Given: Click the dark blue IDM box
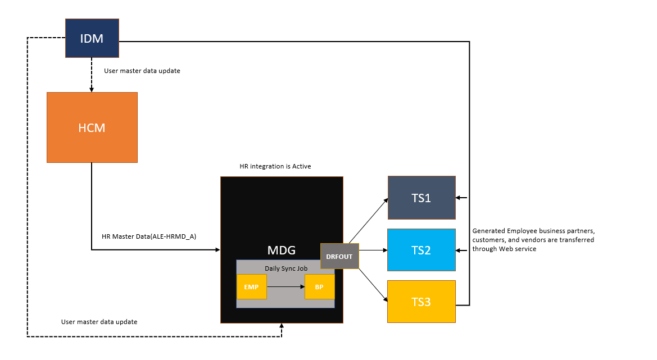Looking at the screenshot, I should point(92,38).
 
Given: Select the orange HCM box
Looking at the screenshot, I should point(92,127).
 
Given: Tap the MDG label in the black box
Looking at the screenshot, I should point(281,250).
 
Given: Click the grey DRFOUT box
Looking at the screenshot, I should point(339,256).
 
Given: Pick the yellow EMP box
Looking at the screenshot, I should point(251,286).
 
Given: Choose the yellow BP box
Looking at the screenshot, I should point(319,286).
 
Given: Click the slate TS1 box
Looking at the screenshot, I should point(422,198).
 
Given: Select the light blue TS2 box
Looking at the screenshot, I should point(422,250).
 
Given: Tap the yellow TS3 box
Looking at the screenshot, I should point(422,302).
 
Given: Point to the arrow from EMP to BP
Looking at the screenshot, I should point(286,286).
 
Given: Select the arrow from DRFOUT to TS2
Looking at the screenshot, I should point(373,250).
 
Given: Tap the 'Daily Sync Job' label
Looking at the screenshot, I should point(286,268).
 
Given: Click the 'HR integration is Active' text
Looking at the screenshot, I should point(275,166).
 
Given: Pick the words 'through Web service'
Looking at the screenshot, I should point(505,249).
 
